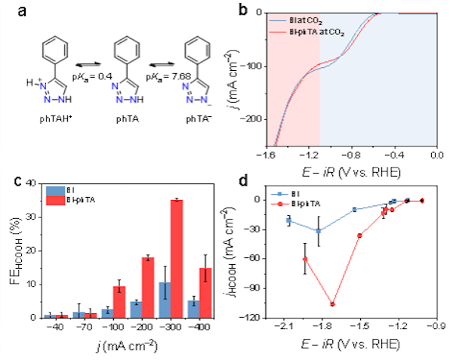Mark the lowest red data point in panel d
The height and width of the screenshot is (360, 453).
point(333,303)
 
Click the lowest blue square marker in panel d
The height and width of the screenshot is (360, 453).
point(319,231)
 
